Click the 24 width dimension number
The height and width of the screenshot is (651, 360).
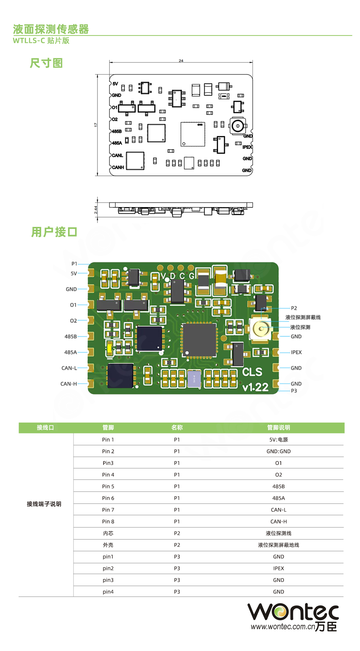click(181, 61)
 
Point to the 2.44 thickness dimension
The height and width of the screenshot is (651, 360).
click(96, 209)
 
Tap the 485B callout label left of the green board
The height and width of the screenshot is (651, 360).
click(70, 336)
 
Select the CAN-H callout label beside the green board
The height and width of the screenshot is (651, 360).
click(68, 384)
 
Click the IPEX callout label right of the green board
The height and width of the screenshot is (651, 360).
click(296, 352)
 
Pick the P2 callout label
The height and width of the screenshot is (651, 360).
click(294, 308)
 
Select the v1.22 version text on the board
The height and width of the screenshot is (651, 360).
click(255, 387)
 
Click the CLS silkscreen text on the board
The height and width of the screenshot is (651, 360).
click(252, 372)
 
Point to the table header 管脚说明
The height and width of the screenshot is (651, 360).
click(278, 428)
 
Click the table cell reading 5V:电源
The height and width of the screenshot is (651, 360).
click(278, 440)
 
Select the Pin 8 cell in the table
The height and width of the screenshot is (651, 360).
click(108, 522)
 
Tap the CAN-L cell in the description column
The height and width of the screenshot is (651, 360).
click(278, 510)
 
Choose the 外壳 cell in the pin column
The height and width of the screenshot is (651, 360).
click(108, 545)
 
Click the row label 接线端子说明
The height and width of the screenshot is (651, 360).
click(44, 504)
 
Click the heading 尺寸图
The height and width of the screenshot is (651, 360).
click(46, 63)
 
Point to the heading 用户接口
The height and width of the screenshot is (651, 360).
click(54, 232)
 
